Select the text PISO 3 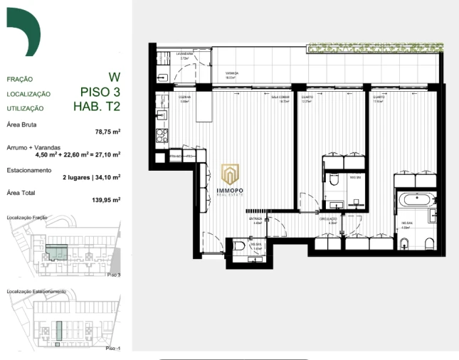tap(100, 92)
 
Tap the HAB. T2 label tap(97, 107)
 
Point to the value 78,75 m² tap(107, 132)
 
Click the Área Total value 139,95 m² tap(105, 200)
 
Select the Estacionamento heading tap(28, 171)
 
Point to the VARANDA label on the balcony tap(232, 73)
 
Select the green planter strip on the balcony tap(374, 48)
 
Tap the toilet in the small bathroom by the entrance tap(240, 246)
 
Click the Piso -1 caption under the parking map tap(112, 349)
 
